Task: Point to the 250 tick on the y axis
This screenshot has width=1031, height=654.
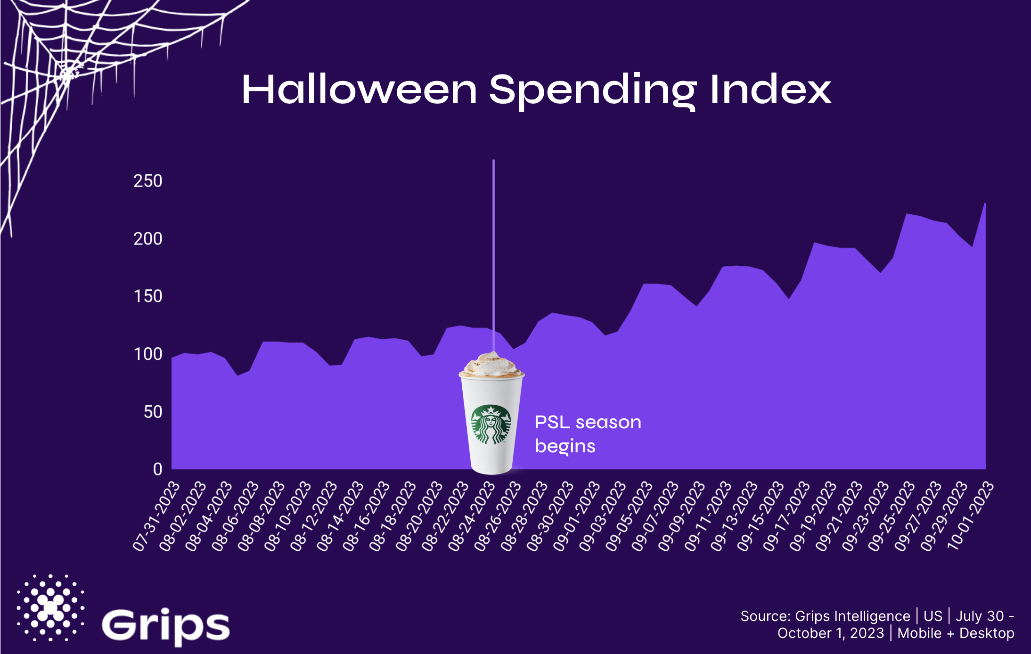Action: point(148,181)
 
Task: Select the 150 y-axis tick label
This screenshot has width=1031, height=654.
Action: point(148,296)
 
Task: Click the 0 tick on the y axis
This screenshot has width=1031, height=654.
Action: point(158,469)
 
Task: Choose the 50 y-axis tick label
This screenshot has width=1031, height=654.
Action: point(153,412)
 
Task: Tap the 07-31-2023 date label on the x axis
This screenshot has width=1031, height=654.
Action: point(156,516)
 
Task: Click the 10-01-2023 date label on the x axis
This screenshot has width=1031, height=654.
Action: point(971,516)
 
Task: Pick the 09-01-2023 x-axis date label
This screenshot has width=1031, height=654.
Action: point(576,516)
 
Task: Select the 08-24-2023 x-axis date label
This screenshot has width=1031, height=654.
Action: point(472,516)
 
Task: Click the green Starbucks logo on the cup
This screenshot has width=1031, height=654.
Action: point(491,425)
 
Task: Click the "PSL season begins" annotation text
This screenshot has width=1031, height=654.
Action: point(588,434)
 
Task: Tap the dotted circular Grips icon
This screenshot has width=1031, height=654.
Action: point(50,608)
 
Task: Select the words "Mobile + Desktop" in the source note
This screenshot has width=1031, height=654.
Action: point(956,633)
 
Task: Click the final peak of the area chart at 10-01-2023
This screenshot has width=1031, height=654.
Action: point(985,204)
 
